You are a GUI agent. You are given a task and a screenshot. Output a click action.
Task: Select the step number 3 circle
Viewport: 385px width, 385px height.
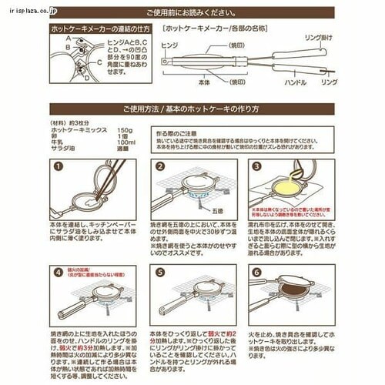tap(256, 166)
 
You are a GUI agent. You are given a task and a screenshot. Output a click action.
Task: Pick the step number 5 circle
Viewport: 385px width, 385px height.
tap(160, 271)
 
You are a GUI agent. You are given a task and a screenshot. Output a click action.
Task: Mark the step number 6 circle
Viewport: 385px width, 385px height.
tap(256, 271)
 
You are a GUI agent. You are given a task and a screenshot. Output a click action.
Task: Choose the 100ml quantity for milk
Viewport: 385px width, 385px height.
tap(126, 143)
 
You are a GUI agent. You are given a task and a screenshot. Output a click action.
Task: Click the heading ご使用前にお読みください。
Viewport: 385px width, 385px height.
tap(192, 12)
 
